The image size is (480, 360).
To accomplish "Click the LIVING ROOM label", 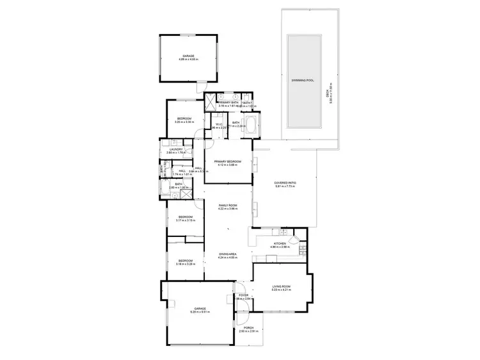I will click(x=282, y=286).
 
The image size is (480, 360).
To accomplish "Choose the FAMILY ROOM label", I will click(x=228, y=205).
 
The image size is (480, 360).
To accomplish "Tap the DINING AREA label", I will click(x=228, y=254).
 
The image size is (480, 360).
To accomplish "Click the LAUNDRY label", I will click(x=175, y=149).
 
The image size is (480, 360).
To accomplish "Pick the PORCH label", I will click(x=248, y=327).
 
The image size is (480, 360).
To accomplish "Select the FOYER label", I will click(x=243, y=295).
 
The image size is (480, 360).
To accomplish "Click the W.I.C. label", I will click(x=219, y=124).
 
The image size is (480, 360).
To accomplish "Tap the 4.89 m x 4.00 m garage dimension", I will click(x=189, y=60).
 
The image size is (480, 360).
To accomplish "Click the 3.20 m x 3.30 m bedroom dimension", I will click(x=186, y=122).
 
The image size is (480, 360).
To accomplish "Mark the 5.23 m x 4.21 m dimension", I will click(x=282, y=290).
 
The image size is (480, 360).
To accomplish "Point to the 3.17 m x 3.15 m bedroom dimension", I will click(x=186, y=220).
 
